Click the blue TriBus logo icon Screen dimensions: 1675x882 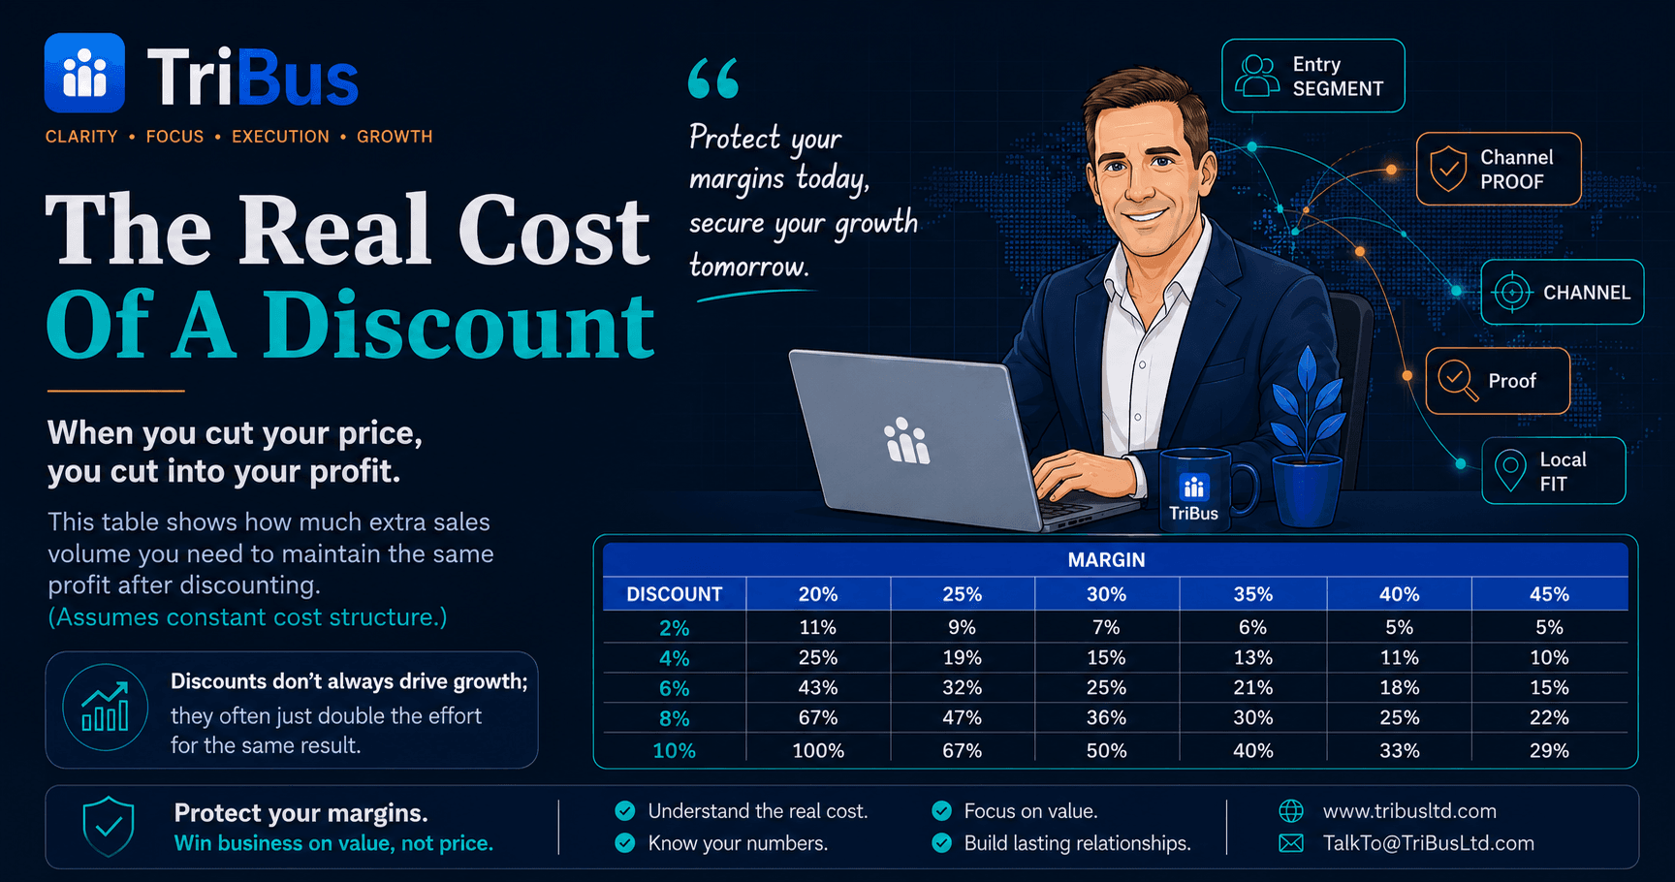(84, 73)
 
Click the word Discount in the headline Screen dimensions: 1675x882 (458, 326)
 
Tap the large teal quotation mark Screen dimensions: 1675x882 (713, 79)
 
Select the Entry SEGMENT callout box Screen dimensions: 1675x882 (1312, 76)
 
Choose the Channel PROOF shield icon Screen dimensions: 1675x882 (1448, 169)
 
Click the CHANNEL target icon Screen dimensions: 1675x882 (1511, 292)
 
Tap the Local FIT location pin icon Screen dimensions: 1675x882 (1510, 471)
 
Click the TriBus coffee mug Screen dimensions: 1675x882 (1202, 490)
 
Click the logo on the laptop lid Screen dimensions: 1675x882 (907, 441)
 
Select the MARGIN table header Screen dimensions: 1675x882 (1106, 560)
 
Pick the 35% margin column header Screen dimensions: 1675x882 (1252, 594)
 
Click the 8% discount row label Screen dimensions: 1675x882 (674, 719)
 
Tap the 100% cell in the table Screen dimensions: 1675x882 (818, 751)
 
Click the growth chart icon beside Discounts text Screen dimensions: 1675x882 (106, 708)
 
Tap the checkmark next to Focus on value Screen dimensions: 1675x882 (941, 811)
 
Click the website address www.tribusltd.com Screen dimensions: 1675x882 (1409, 811)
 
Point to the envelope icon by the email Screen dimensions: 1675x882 (1291, 843)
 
